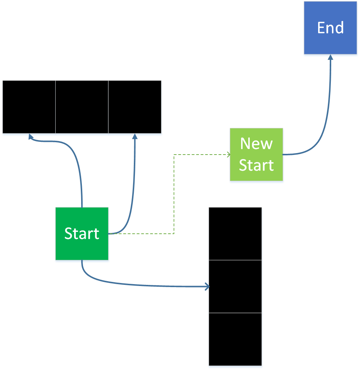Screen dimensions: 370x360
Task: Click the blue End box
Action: point(330,28)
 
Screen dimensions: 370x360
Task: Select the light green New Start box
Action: point(256,155)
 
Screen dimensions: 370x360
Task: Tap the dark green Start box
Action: point(82,233)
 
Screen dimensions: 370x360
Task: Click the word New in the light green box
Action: point(256,144)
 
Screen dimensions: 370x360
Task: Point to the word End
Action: point(330,28)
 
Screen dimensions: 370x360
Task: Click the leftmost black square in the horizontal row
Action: point(29,107)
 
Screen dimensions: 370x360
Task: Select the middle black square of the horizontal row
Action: point(82,107)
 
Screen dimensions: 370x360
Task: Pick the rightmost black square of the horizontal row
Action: point(135,107)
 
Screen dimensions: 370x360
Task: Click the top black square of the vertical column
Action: point(235,234)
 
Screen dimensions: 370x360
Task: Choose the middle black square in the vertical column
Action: point(235,286)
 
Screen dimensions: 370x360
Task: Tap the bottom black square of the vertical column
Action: point(235,339)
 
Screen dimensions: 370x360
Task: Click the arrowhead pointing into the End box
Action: point(330,57)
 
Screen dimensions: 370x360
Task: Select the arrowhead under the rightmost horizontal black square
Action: point(135,137)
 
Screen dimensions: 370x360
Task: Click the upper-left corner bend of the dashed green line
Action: point(174,155)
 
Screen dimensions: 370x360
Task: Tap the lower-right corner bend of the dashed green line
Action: point(174,234)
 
